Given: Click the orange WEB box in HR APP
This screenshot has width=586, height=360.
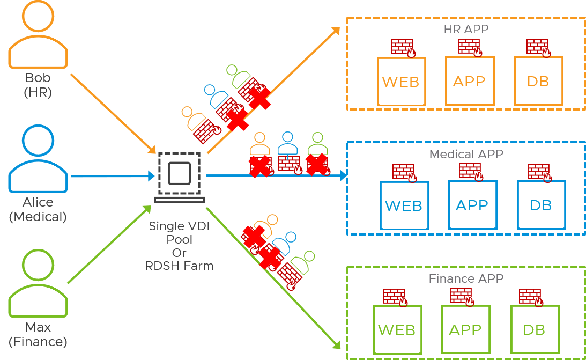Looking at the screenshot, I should (x=402, y=82).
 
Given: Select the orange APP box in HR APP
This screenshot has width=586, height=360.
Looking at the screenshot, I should (x=470, y=81).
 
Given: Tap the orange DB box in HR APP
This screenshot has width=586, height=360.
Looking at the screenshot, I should (x=538, y=82).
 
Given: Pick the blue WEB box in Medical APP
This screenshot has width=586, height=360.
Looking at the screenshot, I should (x=404, y=205).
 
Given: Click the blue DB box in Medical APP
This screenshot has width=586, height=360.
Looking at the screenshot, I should (x=541, y=205).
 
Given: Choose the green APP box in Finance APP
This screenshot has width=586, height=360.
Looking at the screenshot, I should (x=465, y=329).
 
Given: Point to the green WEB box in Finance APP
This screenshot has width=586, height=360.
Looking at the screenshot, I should (x=397, y=330).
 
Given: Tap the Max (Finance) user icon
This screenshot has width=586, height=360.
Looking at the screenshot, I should (x=38, y=285).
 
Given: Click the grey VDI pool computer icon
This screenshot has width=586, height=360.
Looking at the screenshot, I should (x=179, y=177).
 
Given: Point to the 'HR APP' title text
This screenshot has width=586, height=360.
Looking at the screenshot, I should (x=466, y=29).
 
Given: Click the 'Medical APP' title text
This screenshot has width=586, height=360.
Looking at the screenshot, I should (x=466, y=155).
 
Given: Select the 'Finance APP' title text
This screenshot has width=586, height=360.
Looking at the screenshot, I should (x=466, y=279).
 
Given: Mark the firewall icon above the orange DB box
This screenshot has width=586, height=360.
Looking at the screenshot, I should (x=538, y=47).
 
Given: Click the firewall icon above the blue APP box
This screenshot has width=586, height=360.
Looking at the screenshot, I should (x=471, y=171).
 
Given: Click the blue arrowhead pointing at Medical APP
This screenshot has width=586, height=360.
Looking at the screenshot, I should (x=343, y=175).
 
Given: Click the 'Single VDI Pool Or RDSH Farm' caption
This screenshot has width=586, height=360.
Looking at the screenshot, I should (x=179, y=246).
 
